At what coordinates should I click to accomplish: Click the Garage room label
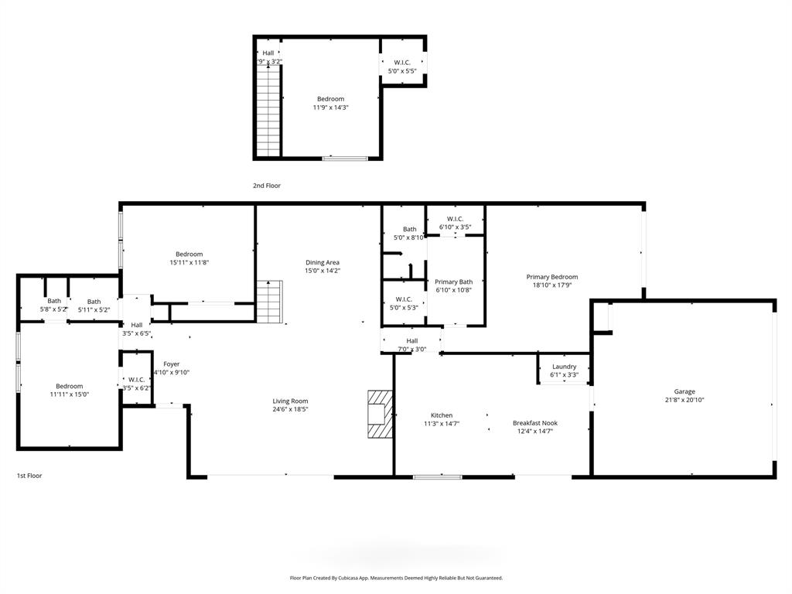pos(684,391)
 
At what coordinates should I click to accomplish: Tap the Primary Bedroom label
pos(551,277)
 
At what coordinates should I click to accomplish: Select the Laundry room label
pos(564,367)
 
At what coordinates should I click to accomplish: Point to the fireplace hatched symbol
pos(378,414)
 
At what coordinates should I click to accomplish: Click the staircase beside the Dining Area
pos(271,301)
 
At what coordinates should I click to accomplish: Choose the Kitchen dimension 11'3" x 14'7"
pos(442,424)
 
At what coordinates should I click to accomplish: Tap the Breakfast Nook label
pos(534,423)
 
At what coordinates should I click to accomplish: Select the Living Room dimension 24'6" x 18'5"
pos(290,409)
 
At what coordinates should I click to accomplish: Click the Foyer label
pos(171,364)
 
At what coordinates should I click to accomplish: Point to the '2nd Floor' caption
pos(267,186)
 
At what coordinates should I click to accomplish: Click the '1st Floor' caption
pos(29,476)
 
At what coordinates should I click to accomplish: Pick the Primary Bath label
pos(453,282)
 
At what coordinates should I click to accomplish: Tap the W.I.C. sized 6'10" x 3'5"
pos(455,227)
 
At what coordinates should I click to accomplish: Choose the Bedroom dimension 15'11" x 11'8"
pos(189,262)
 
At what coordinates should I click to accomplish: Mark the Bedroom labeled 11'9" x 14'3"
pos(330,108)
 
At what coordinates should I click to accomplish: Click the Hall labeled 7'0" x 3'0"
pos(412,349)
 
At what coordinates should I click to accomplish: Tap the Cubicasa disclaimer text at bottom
pos(396,578)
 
